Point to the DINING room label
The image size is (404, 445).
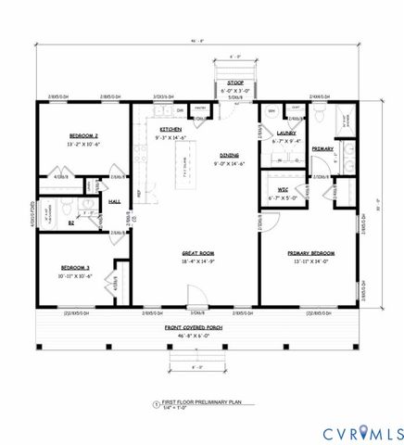229,156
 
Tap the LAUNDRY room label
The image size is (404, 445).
285,133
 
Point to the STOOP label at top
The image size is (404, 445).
235,83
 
